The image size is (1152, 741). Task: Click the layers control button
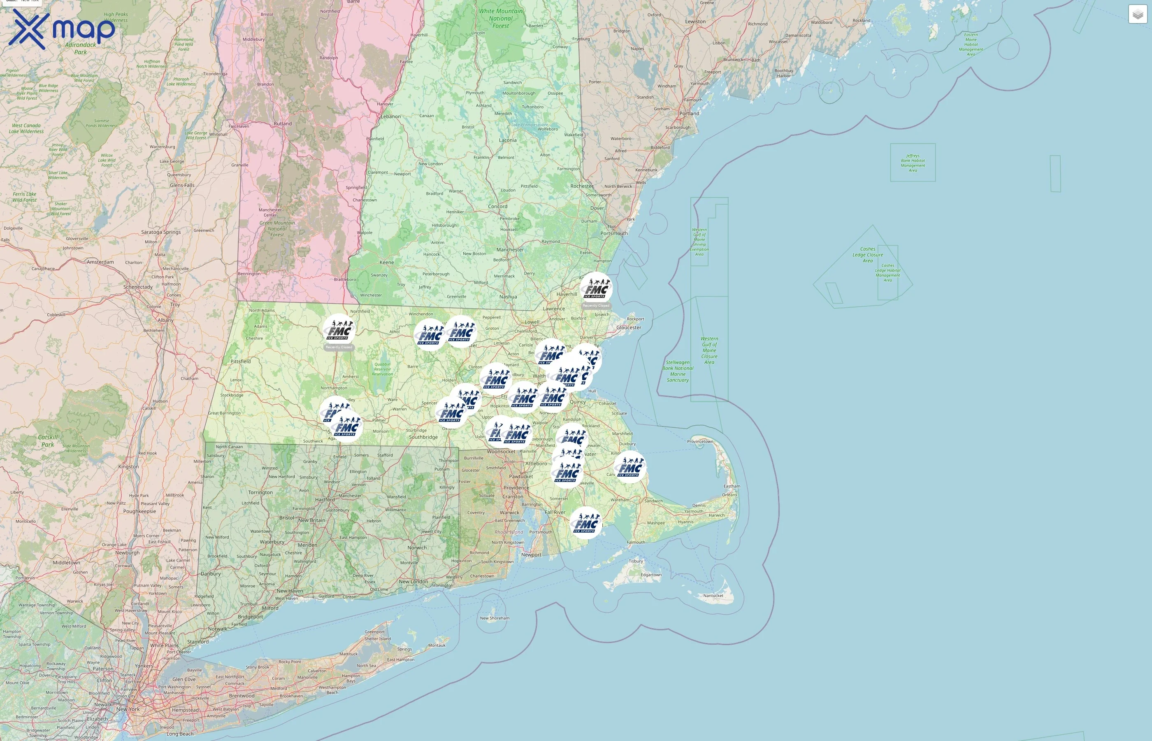(1138, 14)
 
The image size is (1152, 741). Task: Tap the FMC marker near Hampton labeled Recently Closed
(596, 288)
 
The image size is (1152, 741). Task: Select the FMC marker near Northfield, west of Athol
(339, 330)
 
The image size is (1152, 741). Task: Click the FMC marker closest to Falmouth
(585, 523)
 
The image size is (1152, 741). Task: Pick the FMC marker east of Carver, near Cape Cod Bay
(630, 467)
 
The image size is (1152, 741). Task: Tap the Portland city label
(689, 114)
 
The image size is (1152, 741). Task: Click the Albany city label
(165, 320)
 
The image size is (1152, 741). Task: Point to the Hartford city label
(325, 499)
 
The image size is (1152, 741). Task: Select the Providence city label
(516, 487)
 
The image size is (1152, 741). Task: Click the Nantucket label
(713, 596)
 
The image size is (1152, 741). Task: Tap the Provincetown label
(700, 441)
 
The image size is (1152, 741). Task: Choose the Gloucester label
(628, 328)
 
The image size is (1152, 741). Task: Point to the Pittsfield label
(240, 361)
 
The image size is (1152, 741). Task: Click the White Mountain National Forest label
(501, 18)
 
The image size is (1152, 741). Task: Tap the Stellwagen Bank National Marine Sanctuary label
(678, 371)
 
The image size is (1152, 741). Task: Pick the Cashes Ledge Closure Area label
(867, 255)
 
